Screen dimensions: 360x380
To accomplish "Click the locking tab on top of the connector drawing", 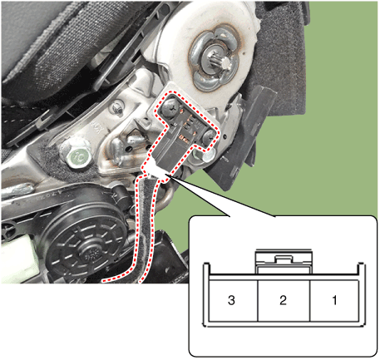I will (x=283, y=259).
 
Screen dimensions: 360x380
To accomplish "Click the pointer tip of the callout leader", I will (x=170, y=176).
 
